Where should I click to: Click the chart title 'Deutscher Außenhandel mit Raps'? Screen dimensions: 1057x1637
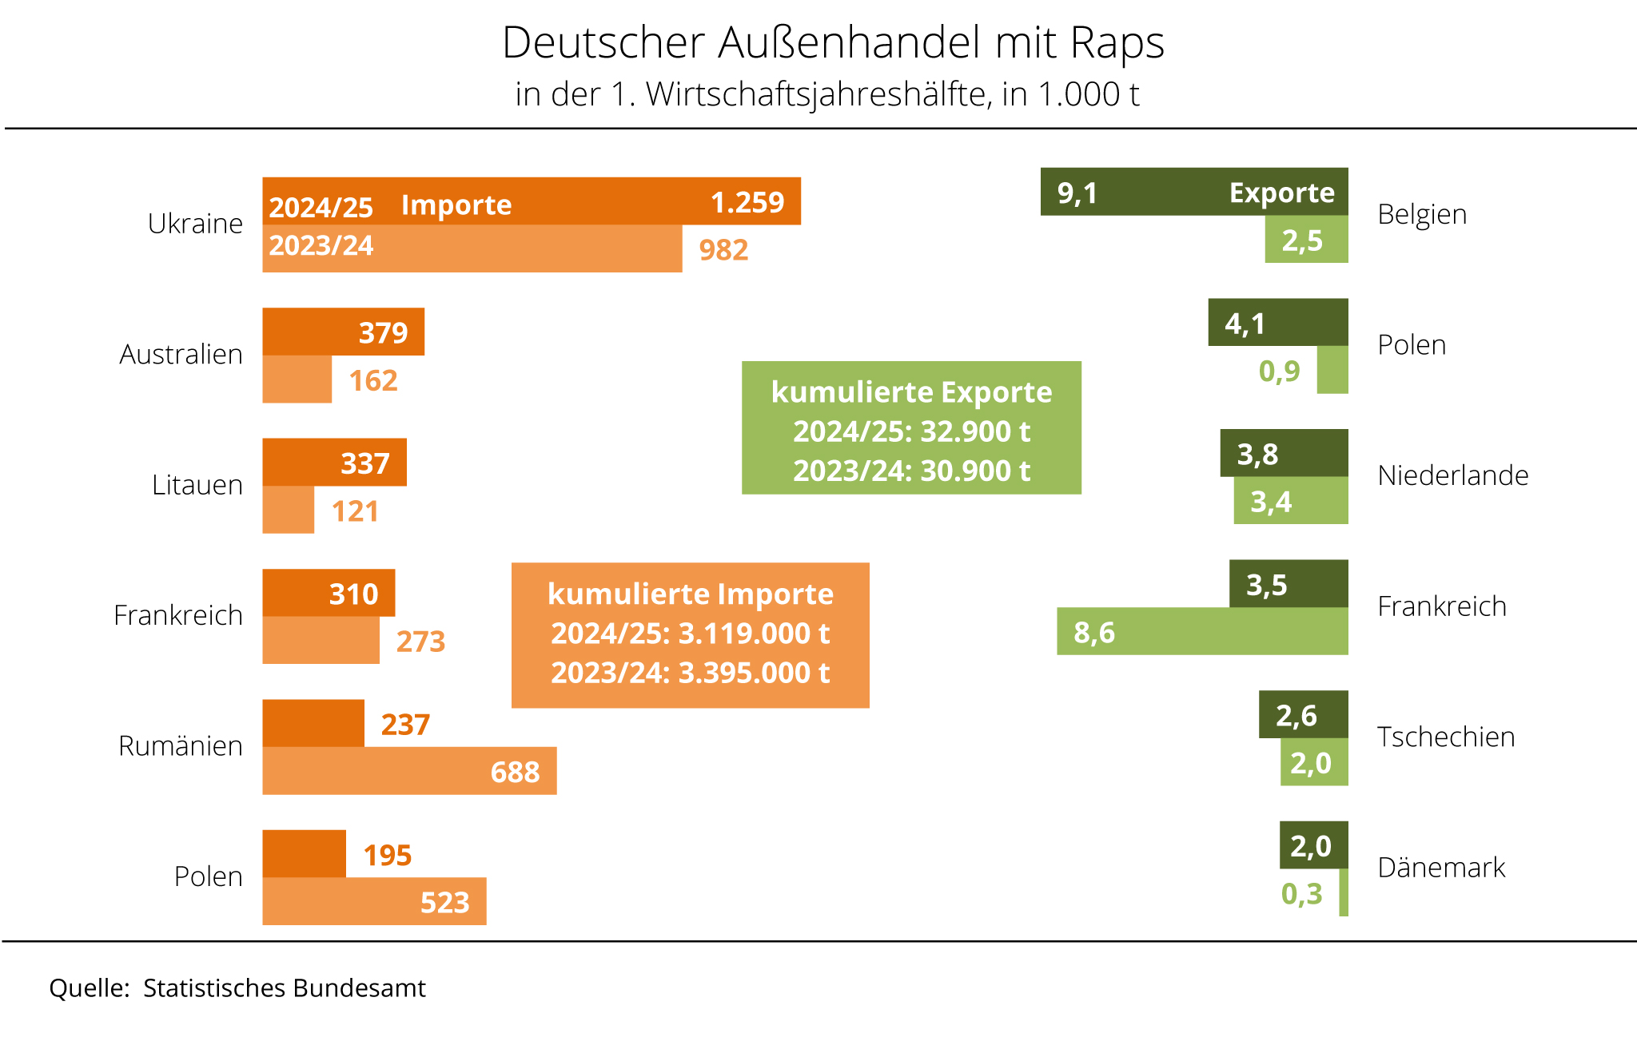point(833,42)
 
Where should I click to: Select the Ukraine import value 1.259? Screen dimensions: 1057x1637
point(747,202)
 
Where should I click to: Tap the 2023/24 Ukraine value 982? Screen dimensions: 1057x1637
point(723,250)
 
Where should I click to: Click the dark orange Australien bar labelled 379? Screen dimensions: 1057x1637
point(344,332)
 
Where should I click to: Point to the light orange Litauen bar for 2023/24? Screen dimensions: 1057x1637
point(288,510)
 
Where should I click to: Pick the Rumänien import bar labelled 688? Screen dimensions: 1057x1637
point(409,771)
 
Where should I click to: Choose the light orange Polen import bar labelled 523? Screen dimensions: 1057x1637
point(374,901)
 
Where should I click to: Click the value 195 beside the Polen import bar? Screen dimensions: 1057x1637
point(388,856)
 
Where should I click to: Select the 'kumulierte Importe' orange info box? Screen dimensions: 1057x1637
point(690,635)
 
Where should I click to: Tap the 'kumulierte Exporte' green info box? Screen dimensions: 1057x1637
point(911,428)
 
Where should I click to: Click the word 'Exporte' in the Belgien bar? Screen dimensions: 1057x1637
point(1281,193)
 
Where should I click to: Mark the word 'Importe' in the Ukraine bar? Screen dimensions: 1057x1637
point(456,205)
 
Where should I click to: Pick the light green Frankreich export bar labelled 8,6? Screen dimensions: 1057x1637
point(1202,631)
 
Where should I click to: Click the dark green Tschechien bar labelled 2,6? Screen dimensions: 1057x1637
point(1303,714)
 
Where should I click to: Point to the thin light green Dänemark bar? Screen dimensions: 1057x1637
point(1344,892)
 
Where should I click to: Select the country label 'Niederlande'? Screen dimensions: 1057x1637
point(1452,475)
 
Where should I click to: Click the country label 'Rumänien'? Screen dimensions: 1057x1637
point(181,745)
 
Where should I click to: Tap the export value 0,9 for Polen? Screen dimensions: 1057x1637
point(1279,371)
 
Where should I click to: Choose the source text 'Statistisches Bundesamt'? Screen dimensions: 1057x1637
point(285,988)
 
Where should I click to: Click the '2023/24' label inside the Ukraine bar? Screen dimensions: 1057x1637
point(321,245)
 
